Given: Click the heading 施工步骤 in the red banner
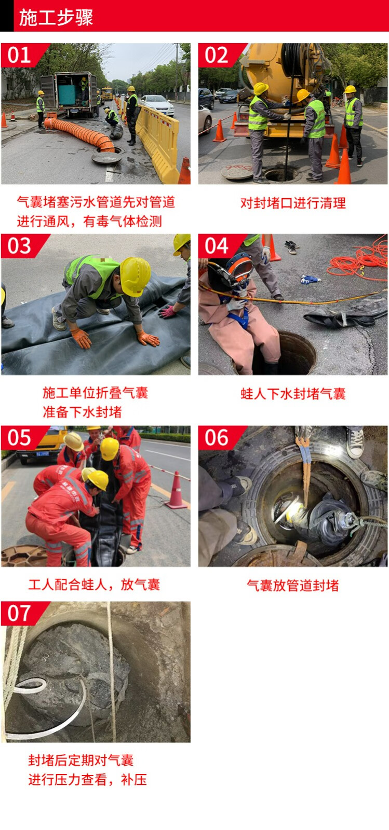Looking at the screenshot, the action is click(56, 18).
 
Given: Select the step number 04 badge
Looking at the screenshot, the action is click(217, 246).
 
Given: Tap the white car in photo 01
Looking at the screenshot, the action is click(157, 104).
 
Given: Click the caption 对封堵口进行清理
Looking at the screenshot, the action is click(293, 203).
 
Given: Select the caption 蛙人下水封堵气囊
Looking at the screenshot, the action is click(293, 394).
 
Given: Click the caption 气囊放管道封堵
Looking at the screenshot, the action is click(293, 586).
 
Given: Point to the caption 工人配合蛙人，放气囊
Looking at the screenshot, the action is click(94, 584).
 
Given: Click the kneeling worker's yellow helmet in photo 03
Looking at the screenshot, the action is click(136, 276).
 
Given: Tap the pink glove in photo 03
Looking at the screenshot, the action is click(168, 311).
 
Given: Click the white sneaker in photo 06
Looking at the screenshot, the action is click(355, 441).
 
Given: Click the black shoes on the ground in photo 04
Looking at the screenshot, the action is click(292, 246).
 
